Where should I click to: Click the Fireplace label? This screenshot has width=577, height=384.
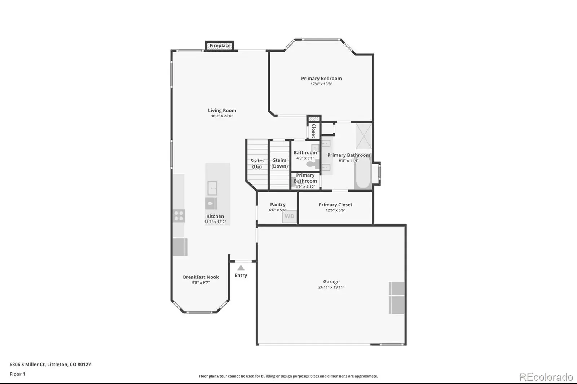click(220, 45)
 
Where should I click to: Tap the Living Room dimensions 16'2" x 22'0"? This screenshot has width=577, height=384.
click(222, 116)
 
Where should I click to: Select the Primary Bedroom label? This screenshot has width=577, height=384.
click(321, 79)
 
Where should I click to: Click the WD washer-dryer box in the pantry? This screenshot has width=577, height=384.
click(290, 216)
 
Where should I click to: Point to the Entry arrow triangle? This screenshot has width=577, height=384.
click(241, 268)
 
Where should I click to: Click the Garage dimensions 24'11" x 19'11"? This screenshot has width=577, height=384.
click(331, 287)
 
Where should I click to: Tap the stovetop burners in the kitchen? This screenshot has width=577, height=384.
click(179, 216)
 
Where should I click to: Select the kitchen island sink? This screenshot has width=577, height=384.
click(212, 188)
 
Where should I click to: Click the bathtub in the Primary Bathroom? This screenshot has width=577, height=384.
click(363, 173)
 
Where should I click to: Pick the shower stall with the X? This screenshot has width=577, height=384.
click(364, 136)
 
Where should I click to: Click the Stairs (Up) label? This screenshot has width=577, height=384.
click(257, 164)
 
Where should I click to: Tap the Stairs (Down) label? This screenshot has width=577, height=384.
click(279, 163)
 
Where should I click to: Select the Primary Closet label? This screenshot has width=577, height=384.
click(335, 205)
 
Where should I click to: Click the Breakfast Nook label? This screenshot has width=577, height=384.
click(201, 277)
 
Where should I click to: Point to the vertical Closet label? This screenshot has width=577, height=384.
click(313, 131)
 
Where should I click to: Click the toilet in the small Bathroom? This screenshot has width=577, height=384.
click(312, 164)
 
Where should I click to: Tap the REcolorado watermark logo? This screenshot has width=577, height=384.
click(546, 377)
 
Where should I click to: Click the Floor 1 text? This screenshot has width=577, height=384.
click(17, 374)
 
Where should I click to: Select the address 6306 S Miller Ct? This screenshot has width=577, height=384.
click(27, 365)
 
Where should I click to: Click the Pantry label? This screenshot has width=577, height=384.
click(278, 204)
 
